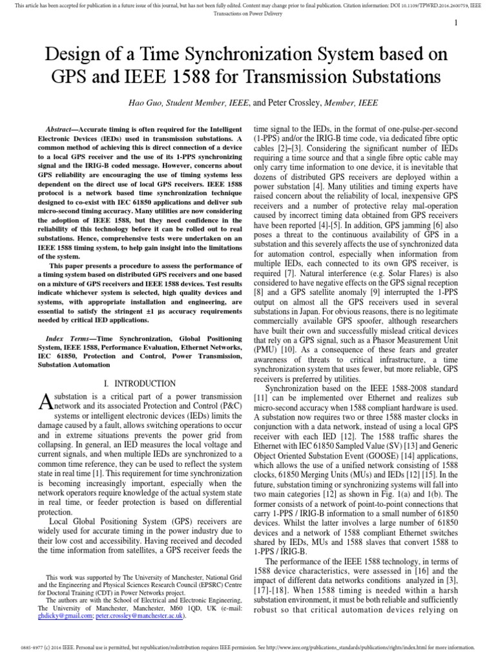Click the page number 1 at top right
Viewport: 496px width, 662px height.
click(456, 23)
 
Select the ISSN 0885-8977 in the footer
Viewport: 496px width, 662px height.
click(32, 646)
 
